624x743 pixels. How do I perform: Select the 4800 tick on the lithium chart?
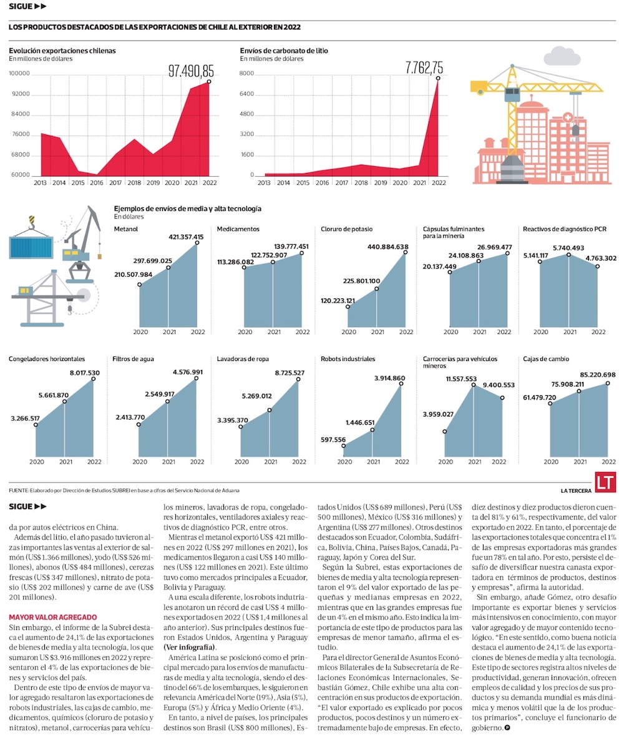(246, 114)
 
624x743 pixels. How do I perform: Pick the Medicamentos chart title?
(238, 229)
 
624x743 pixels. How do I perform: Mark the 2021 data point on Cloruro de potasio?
(377, 289)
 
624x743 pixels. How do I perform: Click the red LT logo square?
(603, 483)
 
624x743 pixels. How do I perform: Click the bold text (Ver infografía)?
(187, 647)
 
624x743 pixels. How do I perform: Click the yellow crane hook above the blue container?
(32, 220)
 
